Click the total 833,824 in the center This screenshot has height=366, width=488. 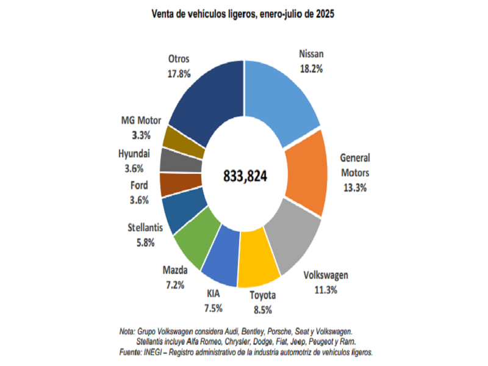[x=244, y=176]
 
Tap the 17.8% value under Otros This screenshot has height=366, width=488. [x=179, y=73]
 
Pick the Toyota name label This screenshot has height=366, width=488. [x=262, y=295]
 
